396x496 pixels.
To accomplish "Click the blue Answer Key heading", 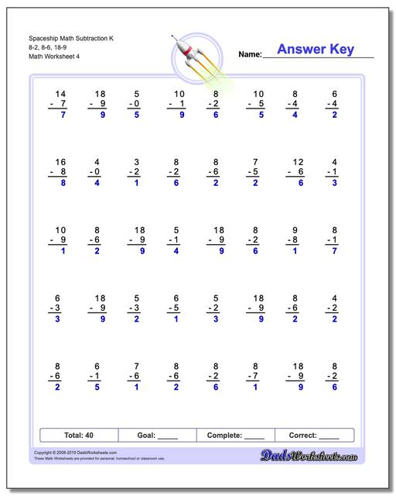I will point(315,50).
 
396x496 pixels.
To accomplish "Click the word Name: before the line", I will point(250,55).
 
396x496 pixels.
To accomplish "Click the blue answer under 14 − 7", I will point(62,115).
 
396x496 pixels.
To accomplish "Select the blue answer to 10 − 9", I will point(62,251).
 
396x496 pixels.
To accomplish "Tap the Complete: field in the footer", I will point(235,436).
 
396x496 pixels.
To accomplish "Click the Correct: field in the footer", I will point(313,436).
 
